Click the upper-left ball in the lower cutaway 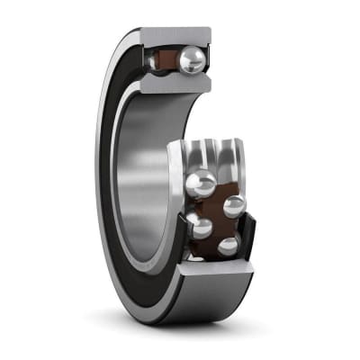click(200, 184)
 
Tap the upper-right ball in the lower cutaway click(233, 206)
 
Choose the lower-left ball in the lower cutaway click(200, 226)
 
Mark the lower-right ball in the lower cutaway click(228, 245)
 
